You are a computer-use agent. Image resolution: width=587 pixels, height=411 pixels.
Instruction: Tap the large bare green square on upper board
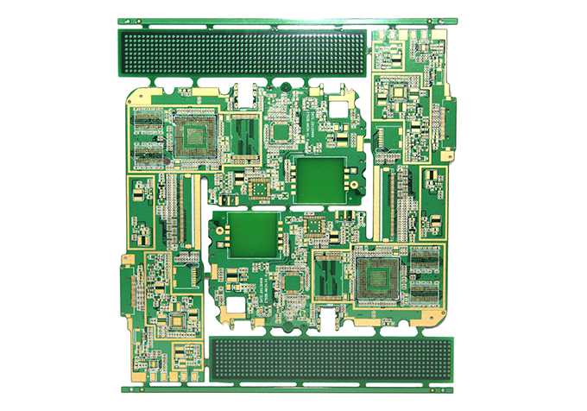click(319, 179)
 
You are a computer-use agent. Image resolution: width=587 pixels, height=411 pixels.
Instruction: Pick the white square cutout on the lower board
click(237, 304)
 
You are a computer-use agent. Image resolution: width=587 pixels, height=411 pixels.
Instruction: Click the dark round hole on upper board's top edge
click(284, 85)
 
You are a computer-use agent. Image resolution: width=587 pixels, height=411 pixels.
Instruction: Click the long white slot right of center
click(376, 205)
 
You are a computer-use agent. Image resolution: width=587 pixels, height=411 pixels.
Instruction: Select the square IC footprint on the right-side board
click(399, 92)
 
